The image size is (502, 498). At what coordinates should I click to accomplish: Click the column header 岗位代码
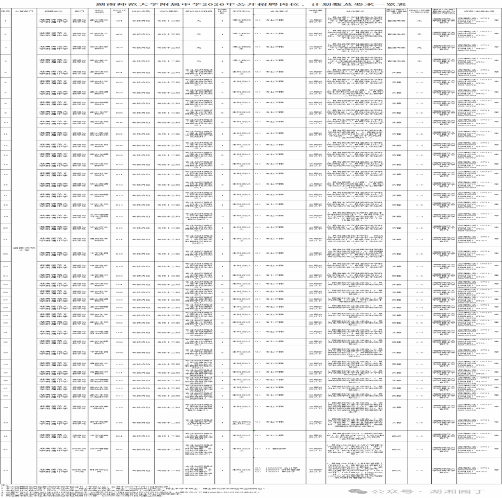[119, 11]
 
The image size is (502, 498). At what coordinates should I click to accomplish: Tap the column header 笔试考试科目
[198, 11]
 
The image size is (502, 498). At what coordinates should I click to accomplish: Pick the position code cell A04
[119, 61]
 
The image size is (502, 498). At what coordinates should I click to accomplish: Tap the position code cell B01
[119, 73]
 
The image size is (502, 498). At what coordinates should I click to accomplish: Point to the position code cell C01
[119, 284]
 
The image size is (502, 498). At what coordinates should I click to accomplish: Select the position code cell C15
[119, 407]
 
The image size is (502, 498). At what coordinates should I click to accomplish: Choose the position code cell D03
[119, 470]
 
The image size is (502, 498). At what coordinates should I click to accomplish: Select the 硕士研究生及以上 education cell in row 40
[241, 422]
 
